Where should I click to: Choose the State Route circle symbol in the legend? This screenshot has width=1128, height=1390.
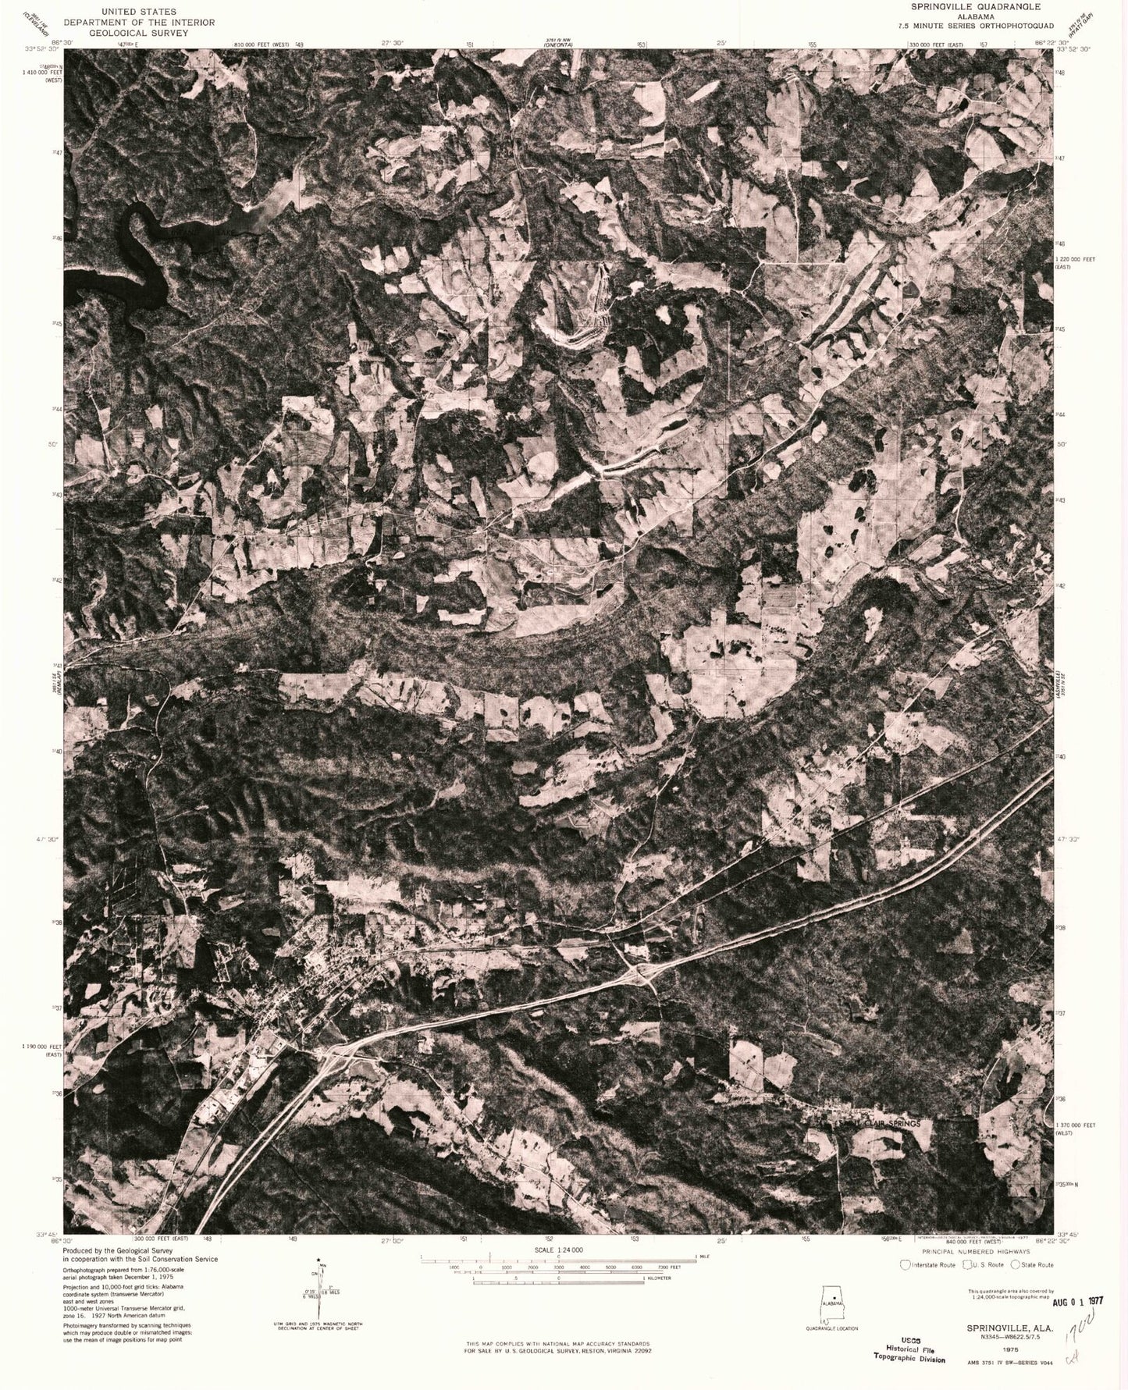[1014, 1264]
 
